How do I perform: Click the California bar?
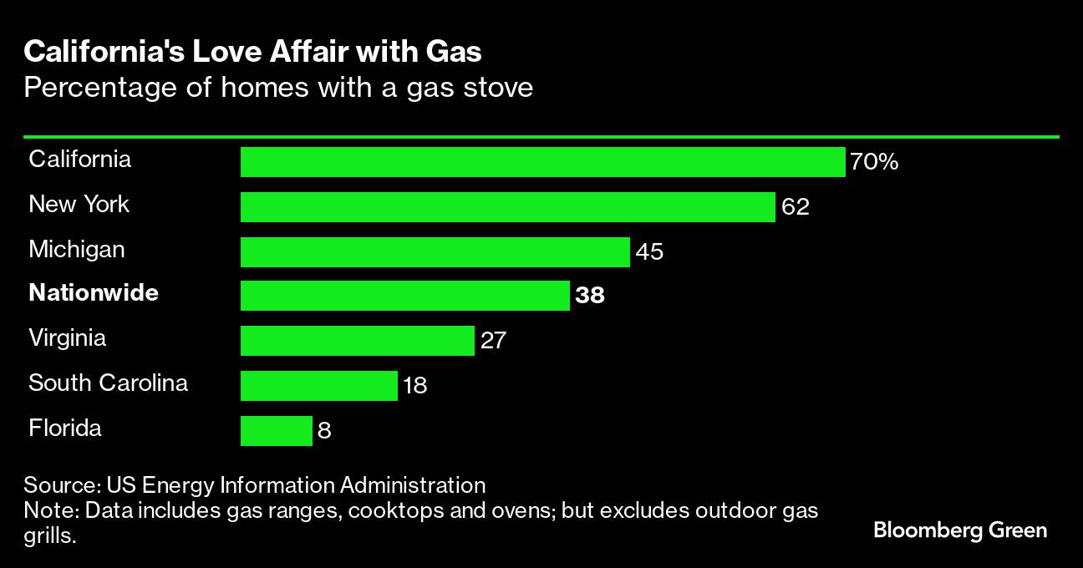pyautogui.click(x=542, y=162)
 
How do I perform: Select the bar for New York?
pyautogui.click(x=507, y=207)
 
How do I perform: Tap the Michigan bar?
pyautogui.click(x=435, y=251)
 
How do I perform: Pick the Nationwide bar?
pyautogui.click(x=404, y=296)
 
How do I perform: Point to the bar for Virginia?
pyautogui.click(x=357, y=341)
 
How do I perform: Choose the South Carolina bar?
pyautogui.click(x=318, y=386)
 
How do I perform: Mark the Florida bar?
pyautogui.click(x=276, y=431)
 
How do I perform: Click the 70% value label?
pyautogui.click(x=874, y=162)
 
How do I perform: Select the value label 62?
pyautogui.click(x=796, y=207)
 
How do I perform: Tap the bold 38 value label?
pyautogui.click(x=589, y=296)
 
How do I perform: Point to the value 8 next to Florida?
pyautogui.click(x=325, y=431)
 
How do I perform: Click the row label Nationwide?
pyautogui.click(x=94, y=293)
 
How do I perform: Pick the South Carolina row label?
pyautogui.click(x=108, y=383)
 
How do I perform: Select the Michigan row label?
pyautogui.click(x=77, y=249)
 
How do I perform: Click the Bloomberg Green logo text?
pyautogui.click(x=960, y=530)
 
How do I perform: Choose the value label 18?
pyautogui.click(x=414, y=386)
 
